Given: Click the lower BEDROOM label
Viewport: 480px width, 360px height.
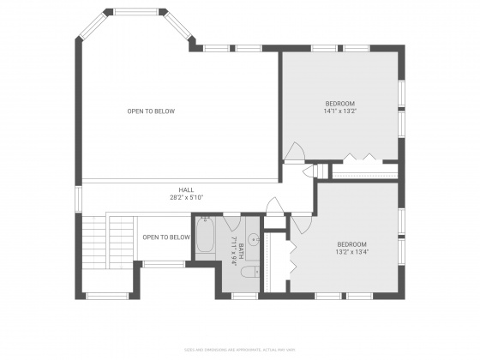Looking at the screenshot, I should coord(351,243).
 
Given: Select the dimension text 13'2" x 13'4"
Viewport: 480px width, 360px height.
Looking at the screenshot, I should coord(351,252).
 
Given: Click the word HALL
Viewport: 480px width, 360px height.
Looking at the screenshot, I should coord(186,190).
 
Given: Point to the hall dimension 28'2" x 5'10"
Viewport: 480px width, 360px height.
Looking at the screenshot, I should coord(186,198).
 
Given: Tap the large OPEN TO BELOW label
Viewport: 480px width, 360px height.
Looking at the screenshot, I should coord(152,111).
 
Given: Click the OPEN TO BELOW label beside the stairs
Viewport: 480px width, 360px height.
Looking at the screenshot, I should coord(165,237).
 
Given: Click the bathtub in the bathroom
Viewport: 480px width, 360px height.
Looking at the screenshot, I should coord(206,237).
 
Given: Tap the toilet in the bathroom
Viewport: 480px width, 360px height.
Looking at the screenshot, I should coord(247,273).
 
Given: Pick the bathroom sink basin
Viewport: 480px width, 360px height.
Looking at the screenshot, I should coord(255,237).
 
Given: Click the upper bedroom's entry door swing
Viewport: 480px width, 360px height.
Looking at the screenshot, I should coord(294,152).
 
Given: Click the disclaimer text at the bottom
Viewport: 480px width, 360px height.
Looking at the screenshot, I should coord(239,350).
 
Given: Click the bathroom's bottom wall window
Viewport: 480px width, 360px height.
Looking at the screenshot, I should coord(244,297).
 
